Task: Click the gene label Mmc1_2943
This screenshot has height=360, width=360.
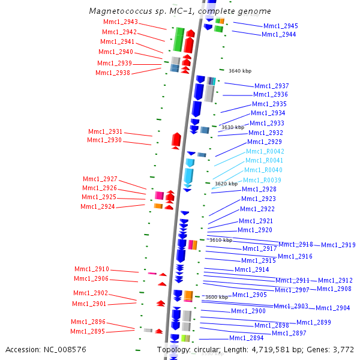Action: [121, 22]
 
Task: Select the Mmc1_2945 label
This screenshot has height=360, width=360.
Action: [280, 26]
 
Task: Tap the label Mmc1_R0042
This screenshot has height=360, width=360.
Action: [265, 151]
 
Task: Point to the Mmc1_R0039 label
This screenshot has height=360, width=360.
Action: [262, 180]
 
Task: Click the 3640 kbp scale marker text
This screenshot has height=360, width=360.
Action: [240, 71]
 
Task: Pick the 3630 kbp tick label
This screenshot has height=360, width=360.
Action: [233, 127]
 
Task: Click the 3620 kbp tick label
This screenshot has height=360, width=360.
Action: [226, 184]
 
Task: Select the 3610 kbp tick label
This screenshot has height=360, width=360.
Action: [220, 240]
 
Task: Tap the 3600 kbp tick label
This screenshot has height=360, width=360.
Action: [216, 297]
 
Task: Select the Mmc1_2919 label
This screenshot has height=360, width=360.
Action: [338, 245]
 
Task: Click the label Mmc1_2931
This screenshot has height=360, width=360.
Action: [105, 131]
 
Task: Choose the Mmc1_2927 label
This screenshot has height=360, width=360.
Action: [100, 179]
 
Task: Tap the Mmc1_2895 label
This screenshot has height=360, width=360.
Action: [88, 331]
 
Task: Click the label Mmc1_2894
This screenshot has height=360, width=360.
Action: [247, 338]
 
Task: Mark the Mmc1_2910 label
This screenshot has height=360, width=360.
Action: [92, 269]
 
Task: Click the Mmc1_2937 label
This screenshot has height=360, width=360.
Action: [271, 86]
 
